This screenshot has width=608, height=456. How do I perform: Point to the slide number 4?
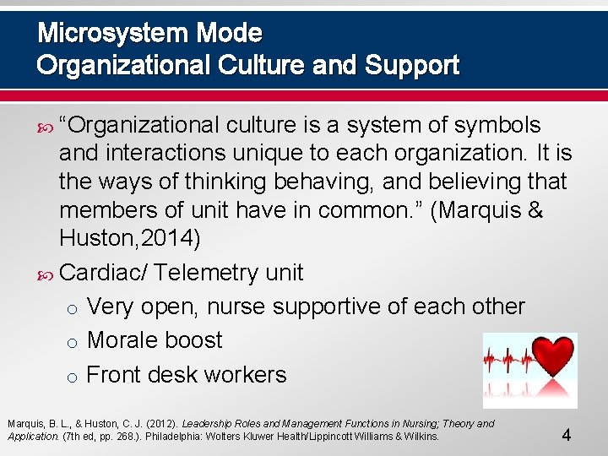[x=567, y=436]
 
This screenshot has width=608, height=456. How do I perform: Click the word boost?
[x=195, y=340]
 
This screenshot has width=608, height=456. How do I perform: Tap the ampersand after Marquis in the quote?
[x=534, y=211]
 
